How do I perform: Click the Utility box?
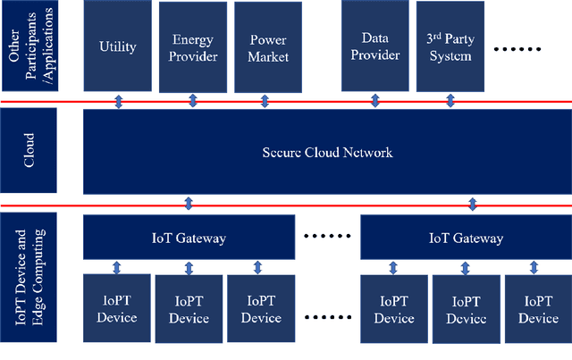pyautogui.click(x=118, y=46)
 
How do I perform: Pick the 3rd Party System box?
pyautogui.click(x=448, y=46)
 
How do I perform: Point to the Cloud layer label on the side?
pyautogui.click(x=29, y=152)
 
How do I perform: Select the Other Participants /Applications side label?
pyautogui.click(x=29, y=45)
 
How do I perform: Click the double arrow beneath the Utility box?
pyautogui.click(x=119, y=102)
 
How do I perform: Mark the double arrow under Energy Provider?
pyautogui.click(x=191, y=102)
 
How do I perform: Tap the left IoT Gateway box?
pyautogui.click(x=189, y=239)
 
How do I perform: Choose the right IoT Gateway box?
pyautogui.click(x=465, y=239)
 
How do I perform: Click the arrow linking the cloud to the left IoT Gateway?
pyautogui.click(x=189, y=204)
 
